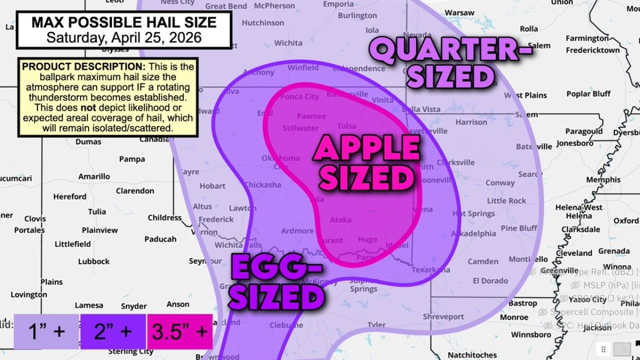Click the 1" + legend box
coord(46,331)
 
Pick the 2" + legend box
coord(113,331)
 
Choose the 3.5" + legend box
coord(180,331)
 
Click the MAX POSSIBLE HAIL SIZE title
coord(124,22)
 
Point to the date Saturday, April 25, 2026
coord(124,37)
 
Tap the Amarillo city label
coord(94,176)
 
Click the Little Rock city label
coord(506,200)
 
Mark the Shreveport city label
coord(443,316)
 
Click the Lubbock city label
coord(93,261)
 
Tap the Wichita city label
coord(288,43)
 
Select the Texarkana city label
coord(430,270)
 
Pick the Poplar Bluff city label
coord(588,93)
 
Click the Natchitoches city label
coord(471,354)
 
